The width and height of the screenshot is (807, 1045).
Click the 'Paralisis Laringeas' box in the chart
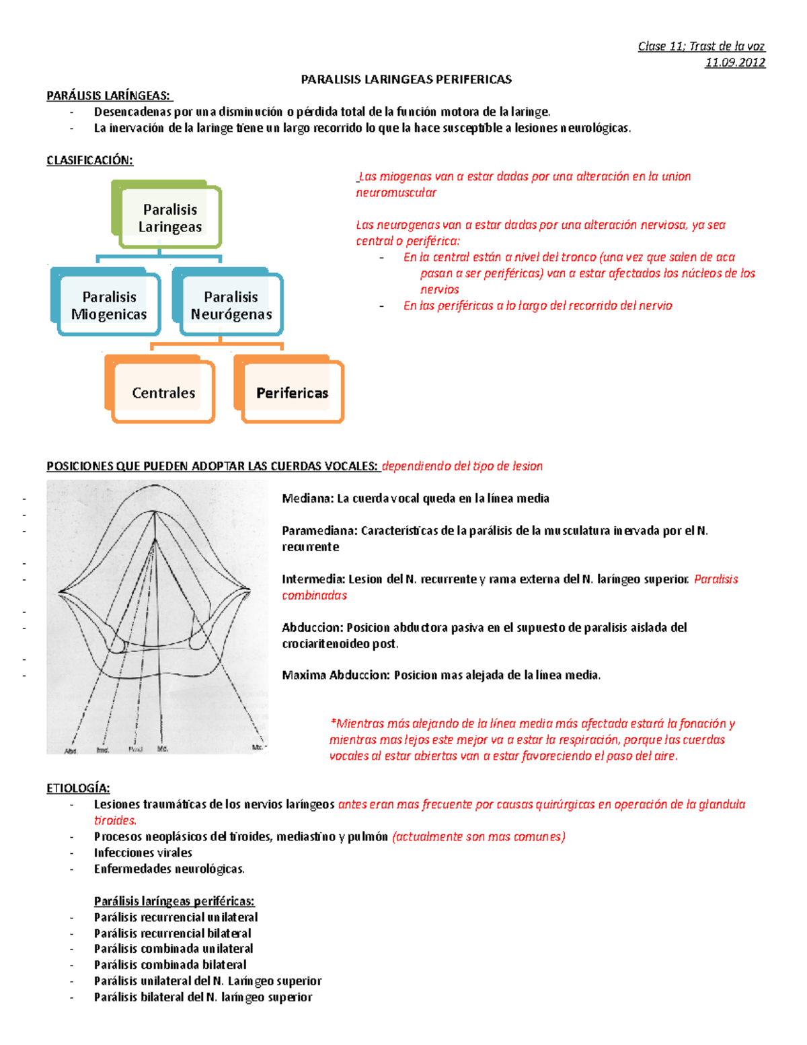(169, 218)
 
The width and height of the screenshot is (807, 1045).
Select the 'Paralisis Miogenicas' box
(109, 305)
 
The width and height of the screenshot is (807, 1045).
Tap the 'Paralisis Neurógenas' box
(231, 305)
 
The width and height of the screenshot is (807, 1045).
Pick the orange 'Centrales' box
(163, 393)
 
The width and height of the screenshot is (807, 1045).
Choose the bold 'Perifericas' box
(292, 393)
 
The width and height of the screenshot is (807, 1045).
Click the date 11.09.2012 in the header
(734, 63)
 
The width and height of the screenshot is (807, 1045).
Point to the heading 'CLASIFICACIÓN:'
(89, 160)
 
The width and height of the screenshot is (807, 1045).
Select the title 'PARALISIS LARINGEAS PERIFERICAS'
(406, 79)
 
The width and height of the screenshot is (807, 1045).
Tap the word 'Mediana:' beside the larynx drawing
(307, 499)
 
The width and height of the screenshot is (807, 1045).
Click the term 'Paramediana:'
(319, 531)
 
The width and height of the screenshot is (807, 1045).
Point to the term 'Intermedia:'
(313, 579)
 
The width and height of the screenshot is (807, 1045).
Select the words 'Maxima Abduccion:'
(336, 675)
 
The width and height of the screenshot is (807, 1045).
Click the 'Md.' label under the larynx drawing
(163, 748)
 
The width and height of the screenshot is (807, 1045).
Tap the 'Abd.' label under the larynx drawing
(71, 750)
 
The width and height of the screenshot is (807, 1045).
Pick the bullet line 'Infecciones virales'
(143, 853)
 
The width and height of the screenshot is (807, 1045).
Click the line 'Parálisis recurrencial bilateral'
(172, 933)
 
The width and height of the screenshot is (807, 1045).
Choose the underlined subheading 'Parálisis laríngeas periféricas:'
(174, 901)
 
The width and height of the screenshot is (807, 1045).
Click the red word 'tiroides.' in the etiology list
(115, 820)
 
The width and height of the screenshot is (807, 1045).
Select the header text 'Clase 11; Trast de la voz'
(701, 46)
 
